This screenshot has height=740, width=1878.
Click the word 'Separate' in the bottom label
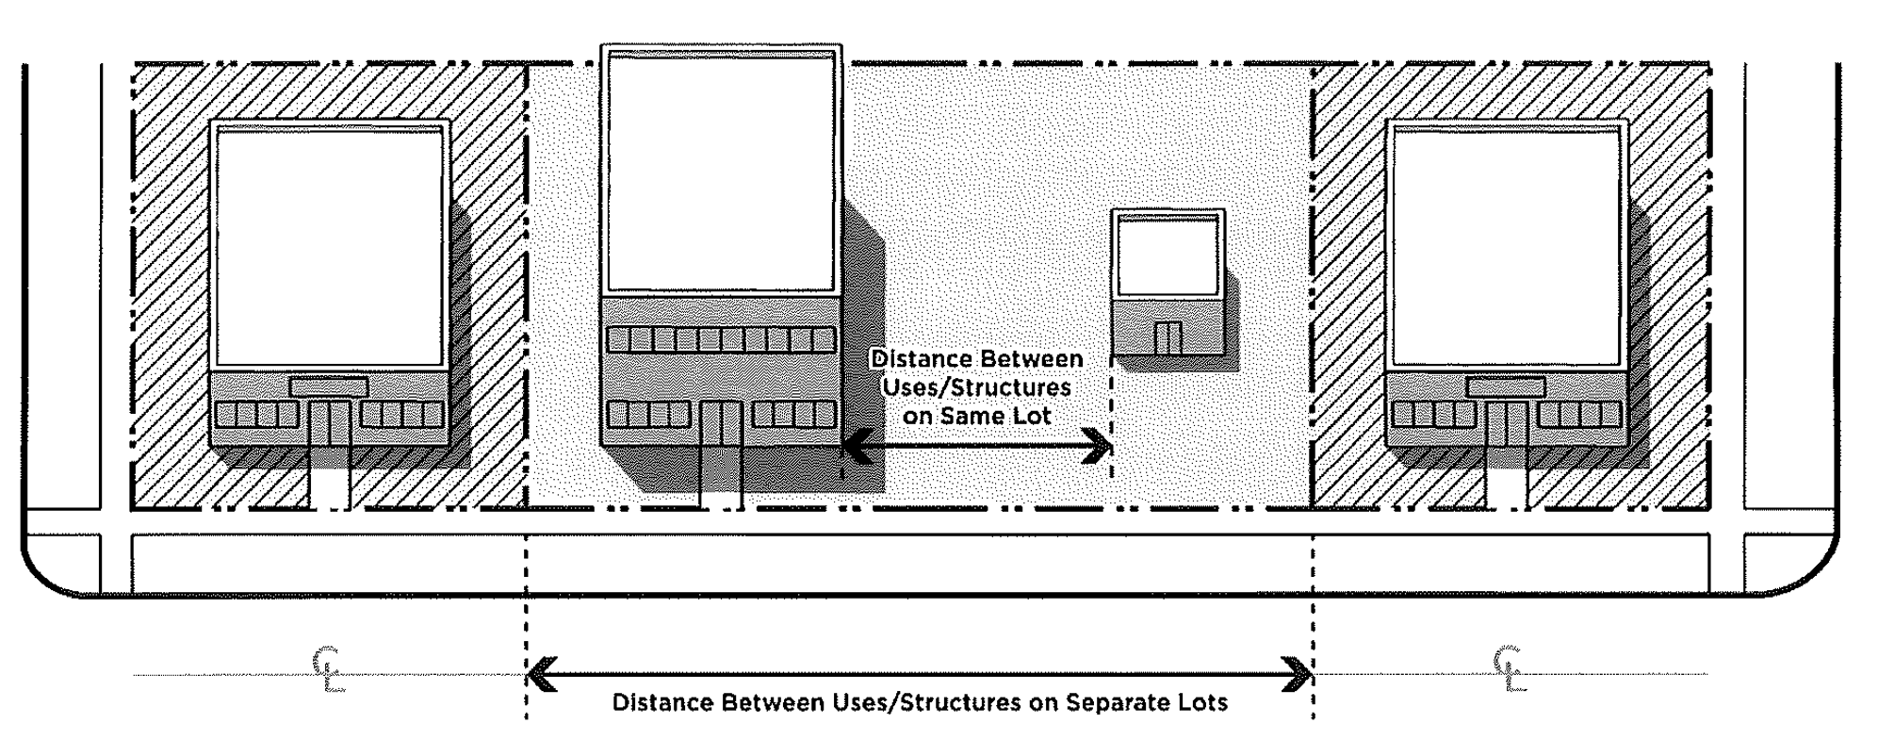[x=1106, y=703]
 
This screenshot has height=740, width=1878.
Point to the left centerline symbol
[x=329, y=670]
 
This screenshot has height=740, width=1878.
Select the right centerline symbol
[x=1508, y=670]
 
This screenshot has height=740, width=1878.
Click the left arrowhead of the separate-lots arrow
[x=539, y=674]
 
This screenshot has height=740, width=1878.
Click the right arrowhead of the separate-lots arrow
[x=1300, y=674]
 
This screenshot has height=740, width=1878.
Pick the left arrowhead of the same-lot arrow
[x=854, y=446]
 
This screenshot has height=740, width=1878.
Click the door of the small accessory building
[x=1168, y=337]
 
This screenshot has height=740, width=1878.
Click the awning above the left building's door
[x=329, y=386]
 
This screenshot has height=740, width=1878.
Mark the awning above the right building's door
[x=1506, y=386]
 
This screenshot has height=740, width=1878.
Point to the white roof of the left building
[x=329, y=247]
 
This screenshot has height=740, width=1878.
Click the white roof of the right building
[x=1506, y=247]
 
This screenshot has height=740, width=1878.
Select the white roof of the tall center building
[x=721, y=173]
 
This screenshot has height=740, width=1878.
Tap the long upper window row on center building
[x=721, y=339]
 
